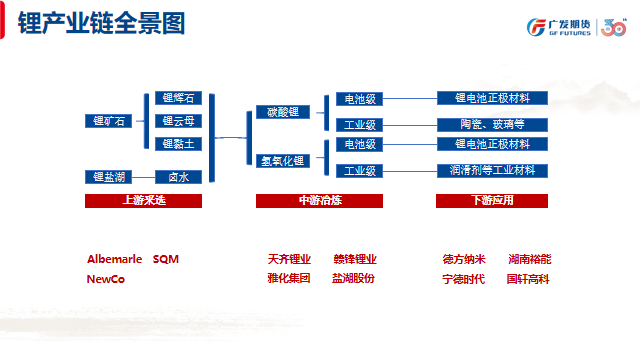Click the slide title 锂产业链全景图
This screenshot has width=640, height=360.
tap(102, 25)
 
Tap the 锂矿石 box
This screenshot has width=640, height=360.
tap(107, 121)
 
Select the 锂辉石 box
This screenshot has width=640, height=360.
tap(178, 99)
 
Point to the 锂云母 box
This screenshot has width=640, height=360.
tap(178, 121)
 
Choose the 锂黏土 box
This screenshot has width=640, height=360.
tap(178, 143)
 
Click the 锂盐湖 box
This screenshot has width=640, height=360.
tap(107, 177)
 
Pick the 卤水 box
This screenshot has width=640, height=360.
tap(178, 177)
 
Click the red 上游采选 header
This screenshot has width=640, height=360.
tap(143, 201)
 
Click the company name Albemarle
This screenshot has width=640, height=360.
tap(115, 259)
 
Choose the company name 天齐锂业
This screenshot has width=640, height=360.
tap(289, 259)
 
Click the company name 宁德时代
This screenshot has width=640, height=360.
tap(464, 279)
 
